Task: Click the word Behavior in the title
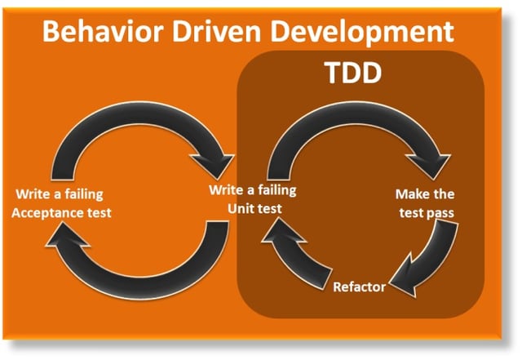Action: (103, 31)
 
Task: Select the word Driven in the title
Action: (216, 31)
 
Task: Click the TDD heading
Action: (353, 73)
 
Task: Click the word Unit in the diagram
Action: (240, 209)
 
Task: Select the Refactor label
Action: (360, 287)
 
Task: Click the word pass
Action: (440, 213)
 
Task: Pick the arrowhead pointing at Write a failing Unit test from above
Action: (213, 165)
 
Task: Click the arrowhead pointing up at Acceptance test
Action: (67, 235)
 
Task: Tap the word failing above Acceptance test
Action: (84, 194)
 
